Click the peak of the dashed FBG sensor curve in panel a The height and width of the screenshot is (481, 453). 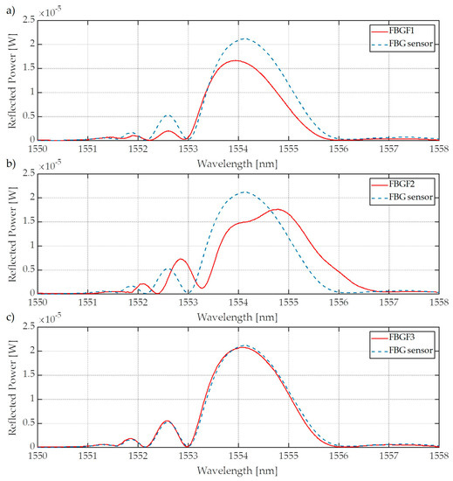coord(244,38)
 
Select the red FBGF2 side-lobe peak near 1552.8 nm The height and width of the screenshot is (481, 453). coord(180,259)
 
